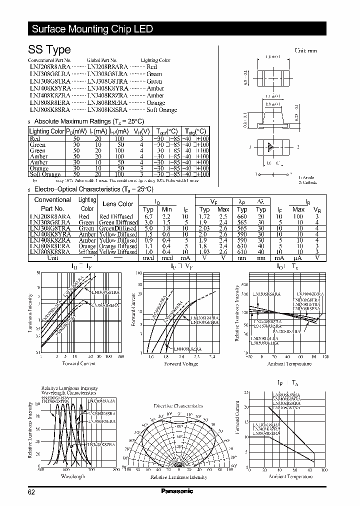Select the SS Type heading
click(x=49, y=49)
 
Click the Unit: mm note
click(x=305, y=50)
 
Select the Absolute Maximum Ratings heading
click(x=88, y=121)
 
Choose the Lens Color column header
click(x=117, y=203)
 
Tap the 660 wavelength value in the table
click(x=242, y=216)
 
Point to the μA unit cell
click(x=298, y=258)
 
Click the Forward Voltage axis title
click(x=181, y=364)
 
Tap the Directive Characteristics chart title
click(x=177, y=405)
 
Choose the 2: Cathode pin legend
click(x=307, y=182)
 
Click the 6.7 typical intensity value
click(x=148, y=216)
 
